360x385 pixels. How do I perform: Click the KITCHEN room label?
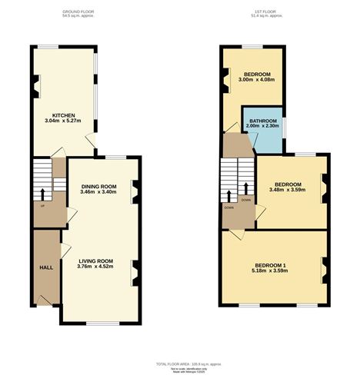click(x=63, y=116)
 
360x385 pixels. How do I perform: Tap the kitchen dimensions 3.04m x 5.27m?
click(x=63, y=121)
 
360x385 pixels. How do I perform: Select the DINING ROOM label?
click(x=98, y=186)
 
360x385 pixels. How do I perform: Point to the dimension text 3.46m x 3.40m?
click(x=98, y=192)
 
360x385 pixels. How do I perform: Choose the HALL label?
click(x=46, y=267)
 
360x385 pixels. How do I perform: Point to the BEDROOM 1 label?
click(x=271, y=266)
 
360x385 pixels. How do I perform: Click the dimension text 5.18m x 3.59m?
click(x=271, y=272)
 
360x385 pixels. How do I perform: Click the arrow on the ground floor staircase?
click(x=42, y=192)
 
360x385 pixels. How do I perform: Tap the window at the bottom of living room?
click(x=102, y=323)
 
